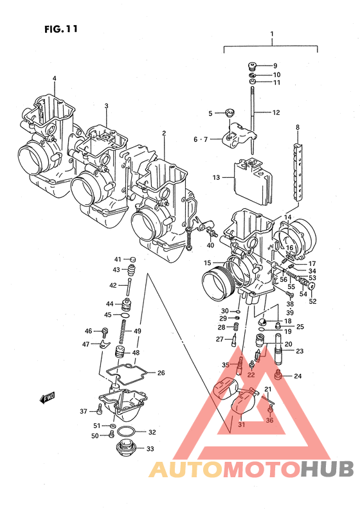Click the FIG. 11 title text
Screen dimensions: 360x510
(61, 29)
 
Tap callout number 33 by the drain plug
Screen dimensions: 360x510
(150, 449)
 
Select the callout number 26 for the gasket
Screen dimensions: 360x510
(161, 373)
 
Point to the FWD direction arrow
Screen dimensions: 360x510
(48, 397)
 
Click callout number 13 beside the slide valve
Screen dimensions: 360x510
(217, 177)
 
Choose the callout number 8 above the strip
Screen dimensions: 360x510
(298, 127)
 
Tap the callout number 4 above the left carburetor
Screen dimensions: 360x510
(55, 78)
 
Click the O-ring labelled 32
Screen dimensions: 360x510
(126, 432)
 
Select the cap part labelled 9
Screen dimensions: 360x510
(251, 66)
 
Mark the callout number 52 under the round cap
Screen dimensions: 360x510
(312, 301)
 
